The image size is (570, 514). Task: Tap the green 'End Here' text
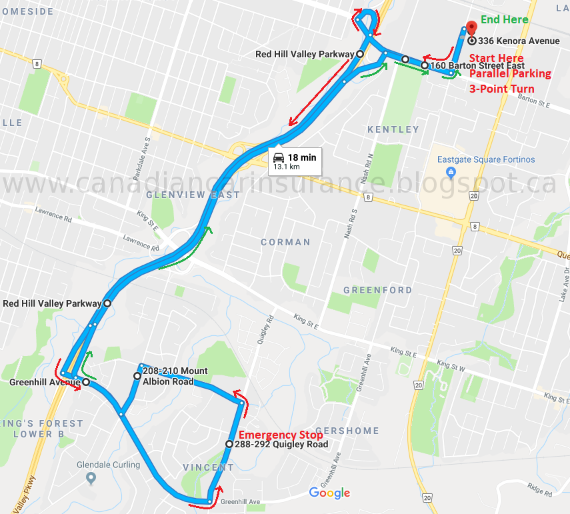tap(505, 19)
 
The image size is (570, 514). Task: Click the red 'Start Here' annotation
tap(497, 58)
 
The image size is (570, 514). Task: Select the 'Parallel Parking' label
tap(510, 73)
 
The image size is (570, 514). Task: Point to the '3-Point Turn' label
tap(501, 89)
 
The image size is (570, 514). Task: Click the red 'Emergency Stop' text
tap(281, 435)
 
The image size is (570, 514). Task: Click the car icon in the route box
tap(279, 158)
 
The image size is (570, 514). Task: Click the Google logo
tap(329, 493)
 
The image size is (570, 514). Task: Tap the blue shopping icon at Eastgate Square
tap(451, 173)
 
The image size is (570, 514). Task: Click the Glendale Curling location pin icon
tap(91, 478)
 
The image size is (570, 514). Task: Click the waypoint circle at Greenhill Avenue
tap(86, 382)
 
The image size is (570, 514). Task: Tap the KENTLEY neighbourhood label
tap(393, 129)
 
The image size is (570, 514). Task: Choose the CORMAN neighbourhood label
tap(285, 242)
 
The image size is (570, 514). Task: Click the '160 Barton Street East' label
tap(477, 66)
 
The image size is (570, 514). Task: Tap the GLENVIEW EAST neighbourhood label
tap(193, 195)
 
